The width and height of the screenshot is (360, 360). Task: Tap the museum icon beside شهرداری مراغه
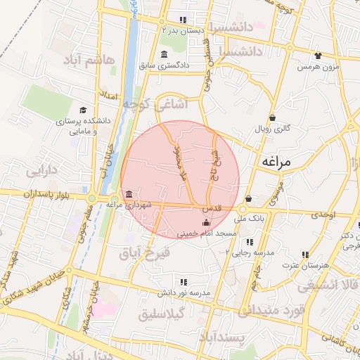128,194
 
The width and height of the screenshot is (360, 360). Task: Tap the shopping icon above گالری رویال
272,117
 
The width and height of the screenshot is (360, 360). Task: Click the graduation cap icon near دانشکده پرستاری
84,110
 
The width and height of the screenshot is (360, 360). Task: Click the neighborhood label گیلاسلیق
158,314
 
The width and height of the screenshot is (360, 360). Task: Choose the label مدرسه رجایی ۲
257,252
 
